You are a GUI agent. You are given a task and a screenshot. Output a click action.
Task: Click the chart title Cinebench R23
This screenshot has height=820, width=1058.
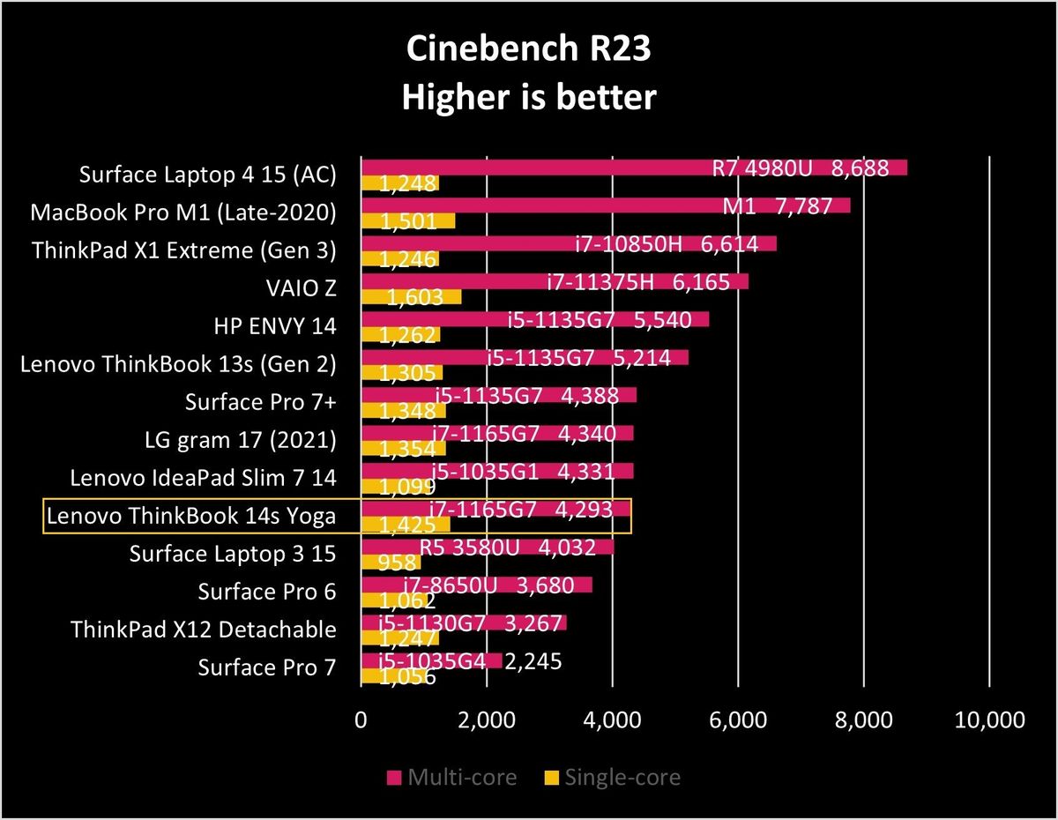pos(528,48)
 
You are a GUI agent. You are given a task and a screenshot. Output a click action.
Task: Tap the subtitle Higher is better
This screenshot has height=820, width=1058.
pos(529,97)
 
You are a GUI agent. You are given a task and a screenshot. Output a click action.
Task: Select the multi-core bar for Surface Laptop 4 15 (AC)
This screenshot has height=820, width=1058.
pos(634,167)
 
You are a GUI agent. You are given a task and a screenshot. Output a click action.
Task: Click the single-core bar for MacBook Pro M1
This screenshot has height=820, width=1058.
pos(408,220)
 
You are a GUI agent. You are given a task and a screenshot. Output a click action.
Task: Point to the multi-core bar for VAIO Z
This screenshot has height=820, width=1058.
pos(555,281)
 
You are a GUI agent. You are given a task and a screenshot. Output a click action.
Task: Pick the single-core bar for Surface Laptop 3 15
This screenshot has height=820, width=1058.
pos(391,562)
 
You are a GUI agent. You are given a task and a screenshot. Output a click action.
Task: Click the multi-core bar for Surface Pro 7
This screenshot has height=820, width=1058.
pos(432,660)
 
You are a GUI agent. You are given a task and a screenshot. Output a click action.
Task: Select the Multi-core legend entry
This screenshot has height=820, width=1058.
pos(451,777)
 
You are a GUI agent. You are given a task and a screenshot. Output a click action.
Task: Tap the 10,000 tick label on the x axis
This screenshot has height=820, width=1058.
pos(989,719)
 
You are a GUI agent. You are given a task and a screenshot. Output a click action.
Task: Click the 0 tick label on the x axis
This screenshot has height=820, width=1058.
pos(361,719)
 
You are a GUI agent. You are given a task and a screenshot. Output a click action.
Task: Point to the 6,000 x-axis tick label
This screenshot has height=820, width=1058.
pos(738,719)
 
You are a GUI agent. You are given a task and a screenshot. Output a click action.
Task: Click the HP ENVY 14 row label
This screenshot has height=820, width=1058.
pos(275,326)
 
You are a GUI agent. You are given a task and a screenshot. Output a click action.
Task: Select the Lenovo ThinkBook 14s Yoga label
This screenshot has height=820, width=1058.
pos(190,516)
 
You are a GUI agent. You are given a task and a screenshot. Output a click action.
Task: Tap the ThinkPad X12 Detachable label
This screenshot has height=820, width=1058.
pos(204,630)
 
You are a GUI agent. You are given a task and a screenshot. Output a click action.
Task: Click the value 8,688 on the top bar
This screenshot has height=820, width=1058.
pos(860,168)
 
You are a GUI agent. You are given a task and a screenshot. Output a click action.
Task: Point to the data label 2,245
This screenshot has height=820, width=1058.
pos(533,661)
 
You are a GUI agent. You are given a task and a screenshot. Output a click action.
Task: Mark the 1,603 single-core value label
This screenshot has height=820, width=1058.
pos(415,297)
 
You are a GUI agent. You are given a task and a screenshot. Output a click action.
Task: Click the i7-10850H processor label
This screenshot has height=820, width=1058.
pos(629,244)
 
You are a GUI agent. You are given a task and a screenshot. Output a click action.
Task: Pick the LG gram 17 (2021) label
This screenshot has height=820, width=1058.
pos(241,440)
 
